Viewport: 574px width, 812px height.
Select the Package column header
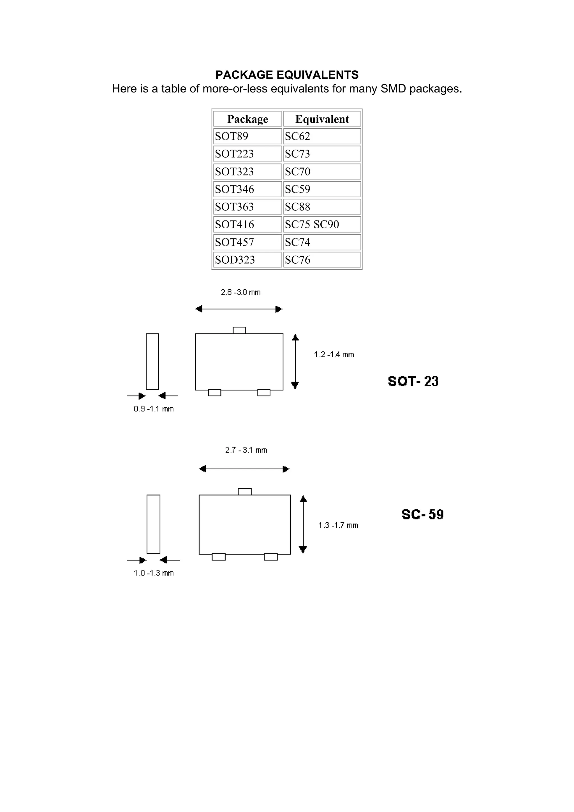(x=247, y=119)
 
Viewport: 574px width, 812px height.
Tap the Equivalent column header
(x=322, y=119)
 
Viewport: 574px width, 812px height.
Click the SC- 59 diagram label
(x=422, y=514)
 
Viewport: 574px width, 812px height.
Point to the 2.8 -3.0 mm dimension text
(x=240, y=293)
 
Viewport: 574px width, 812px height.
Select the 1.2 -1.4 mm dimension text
(x=334, y=355)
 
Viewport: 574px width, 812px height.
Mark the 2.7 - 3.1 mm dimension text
(x=246, y=450)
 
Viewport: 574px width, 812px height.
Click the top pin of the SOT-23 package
(x=239, y=330)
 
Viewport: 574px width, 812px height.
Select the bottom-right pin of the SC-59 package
(x=270, y=557)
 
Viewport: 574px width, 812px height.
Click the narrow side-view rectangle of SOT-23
(x=152, y=361)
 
